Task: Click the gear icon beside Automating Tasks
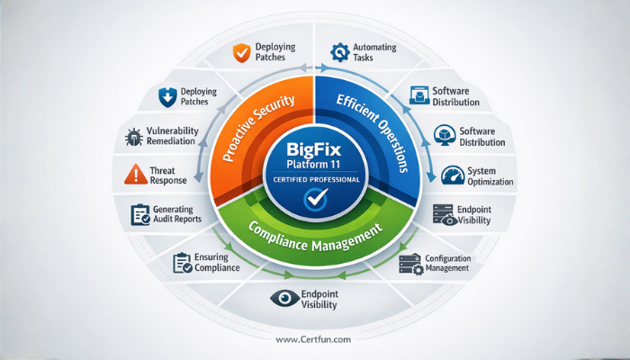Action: click(x=340, y=51)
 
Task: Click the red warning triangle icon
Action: click(x=134, y=173)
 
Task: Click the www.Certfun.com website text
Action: click(x=314, y=339)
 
